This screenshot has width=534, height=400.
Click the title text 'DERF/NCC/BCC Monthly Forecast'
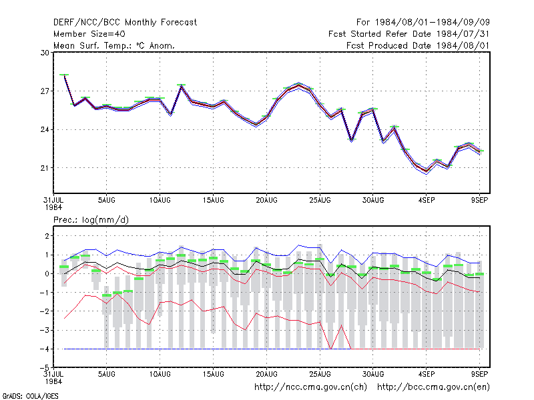(x=125, y=23)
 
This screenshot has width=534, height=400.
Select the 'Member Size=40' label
(x=89, y=34)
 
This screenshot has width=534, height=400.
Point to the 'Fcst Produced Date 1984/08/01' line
(x=418, y=45)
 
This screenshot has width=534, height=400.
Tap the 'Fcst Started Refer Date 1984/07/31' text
(x=409, y=34)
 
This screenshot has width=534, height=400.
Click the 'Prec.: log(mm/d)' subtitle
(x=91, y=220)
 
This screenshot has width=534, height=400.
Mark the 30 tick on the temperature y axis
(x=45, y=53)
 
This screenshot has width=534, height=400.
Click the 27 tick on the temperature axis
(x=45, y=91)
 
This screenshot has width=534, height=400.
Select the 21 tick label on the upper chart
(x=45, y=168)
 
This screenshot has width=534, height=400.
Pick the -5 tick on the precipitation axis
(x=45, y=367)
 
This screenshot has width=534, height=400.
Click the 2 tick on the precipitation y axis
(x=47, y=236)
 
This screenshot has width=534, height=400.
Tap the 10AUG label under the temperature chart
(x=160, y=200)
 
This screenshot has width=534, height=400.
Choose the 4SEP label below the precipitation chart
(x=427, y=374)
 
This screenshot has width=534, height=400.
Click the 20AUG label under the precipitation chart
(x=266, y=374)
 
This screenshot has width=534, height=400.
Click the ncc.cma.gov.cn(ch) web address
(x=310, y=387)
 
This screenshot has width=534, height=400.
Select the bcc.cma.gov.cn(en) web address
(x=433, y=387)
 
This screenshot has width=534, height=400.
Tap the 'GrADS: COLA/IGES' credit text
(x=30, y=396)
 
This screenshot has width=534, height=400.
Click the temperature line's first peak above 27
(x=64, y=75)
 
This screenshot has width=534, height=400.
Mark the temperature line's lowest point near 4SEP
(x=427, y=171)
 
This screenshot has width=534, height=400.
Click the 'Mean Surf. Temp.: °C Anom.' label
(x=114, y=45)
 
